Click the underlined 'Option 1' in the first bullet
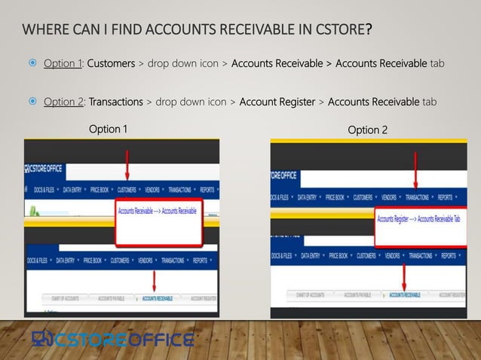63,63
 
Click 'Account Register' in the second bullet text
277,102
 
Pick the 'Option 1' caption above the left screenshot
108,129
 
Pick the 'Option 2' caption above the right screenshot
368,130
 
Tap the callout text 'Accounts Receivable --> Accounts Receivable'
157,212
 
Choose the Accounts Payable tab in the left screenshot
113,298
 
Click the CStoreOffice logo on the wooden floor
112,340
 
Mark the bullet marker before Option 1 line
33,63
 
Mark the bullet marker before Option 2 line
33,102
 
